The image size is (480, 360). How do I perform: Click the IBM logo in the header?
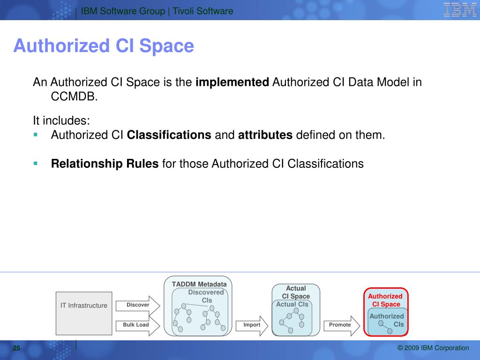coord(460,9)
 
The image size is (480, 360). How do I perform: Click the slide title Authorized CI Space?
coord(104,46)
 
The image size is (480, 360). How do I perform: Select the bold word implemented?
coord(232,82)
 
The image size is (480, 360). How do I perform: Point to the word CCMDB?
coord(74,97)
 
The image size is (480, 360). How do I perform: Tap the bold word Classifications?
coord(169,135)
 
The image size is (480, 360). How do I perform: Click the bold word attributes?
coord(265,135)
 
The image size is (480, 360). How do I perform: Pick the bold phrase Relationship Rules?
coord(105,164)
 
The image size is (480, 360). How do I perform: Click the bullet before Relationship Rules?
coord(36,164)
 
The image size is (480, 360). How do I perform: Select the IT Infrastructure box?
coord(84,313)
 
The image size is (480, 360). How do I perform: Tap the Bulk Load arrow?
coord(138,325)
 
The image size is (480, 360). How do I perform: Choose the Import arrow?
coord(252,326)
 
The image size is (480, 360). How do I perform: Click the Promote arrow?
coord(342,326)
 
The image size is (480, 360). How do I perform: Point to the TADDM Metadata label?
coord(199,285)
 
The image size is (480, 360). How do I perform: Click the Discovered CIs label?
coord(206,296)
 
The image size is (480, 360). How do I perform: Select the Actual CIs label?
coord(292,304)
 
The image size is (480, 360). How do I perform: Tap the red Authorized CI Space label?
coord(385,300)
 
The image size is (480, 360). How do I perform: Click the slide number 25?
coord(16,348)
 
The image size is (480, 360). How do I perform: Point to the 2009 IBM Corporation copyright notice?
coord(433,348)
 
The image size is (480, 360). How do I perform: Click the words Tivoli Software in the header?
coord(203,11)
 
